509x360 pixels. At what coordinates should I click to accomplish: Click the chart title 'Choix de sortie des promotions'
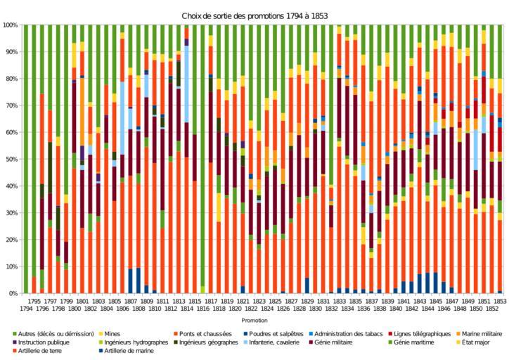pos(254,15)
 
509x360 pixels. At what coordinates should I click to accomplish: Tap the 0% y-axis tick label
pos(12,293)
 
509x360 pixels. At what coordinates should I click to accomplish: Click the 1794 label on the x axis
pos(25,308)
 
